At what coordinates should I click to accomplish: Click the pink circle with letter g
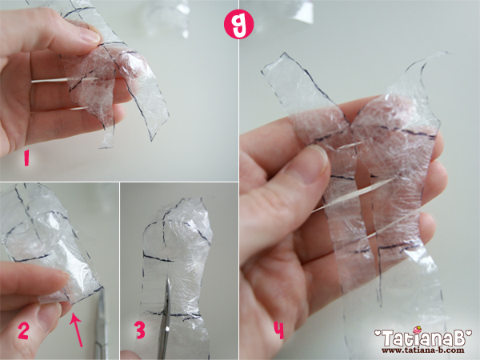pos(238,24)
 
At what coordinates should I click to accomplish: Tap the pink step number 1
pos(26,159)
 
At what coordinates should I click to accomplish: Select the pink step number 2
pos(23,331)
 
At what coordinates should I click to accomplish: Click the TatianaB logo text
pos(423,338)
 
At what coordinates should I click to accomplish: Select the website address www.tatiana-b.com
pos(422,350)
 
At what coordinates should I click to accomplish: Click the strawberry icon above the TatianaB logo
pos(417,330)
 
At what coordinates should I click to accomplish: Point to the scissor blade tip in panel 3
pos(167,279)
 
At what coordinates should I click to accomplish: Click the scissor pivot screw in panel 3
pos(167,329)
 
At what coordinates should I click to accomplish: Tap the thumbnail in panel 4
pos(313,164)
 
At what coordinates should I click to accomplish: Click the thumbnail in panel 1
pos(88,34)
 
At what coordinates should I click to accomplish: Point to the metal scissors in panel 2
pos(101,325)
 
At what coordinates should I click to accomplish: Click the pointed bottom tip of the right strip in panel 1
pos(151,140)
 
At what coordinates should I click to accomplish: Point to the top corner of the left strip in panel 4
pos(285,54)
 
